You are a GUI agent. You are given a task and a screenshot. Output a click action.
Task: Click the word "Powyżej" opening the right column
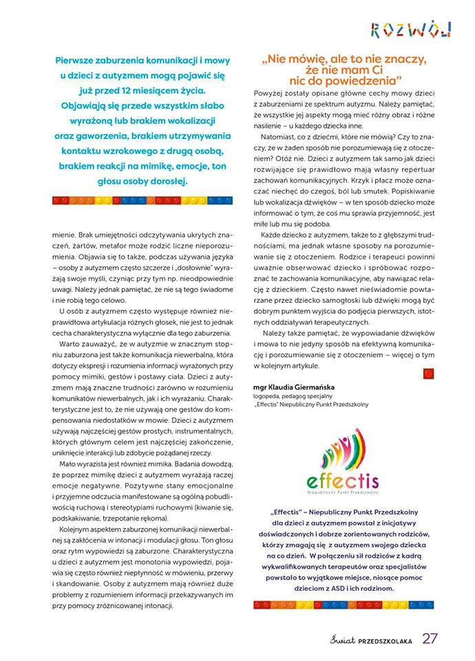[x=269, y=92]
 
